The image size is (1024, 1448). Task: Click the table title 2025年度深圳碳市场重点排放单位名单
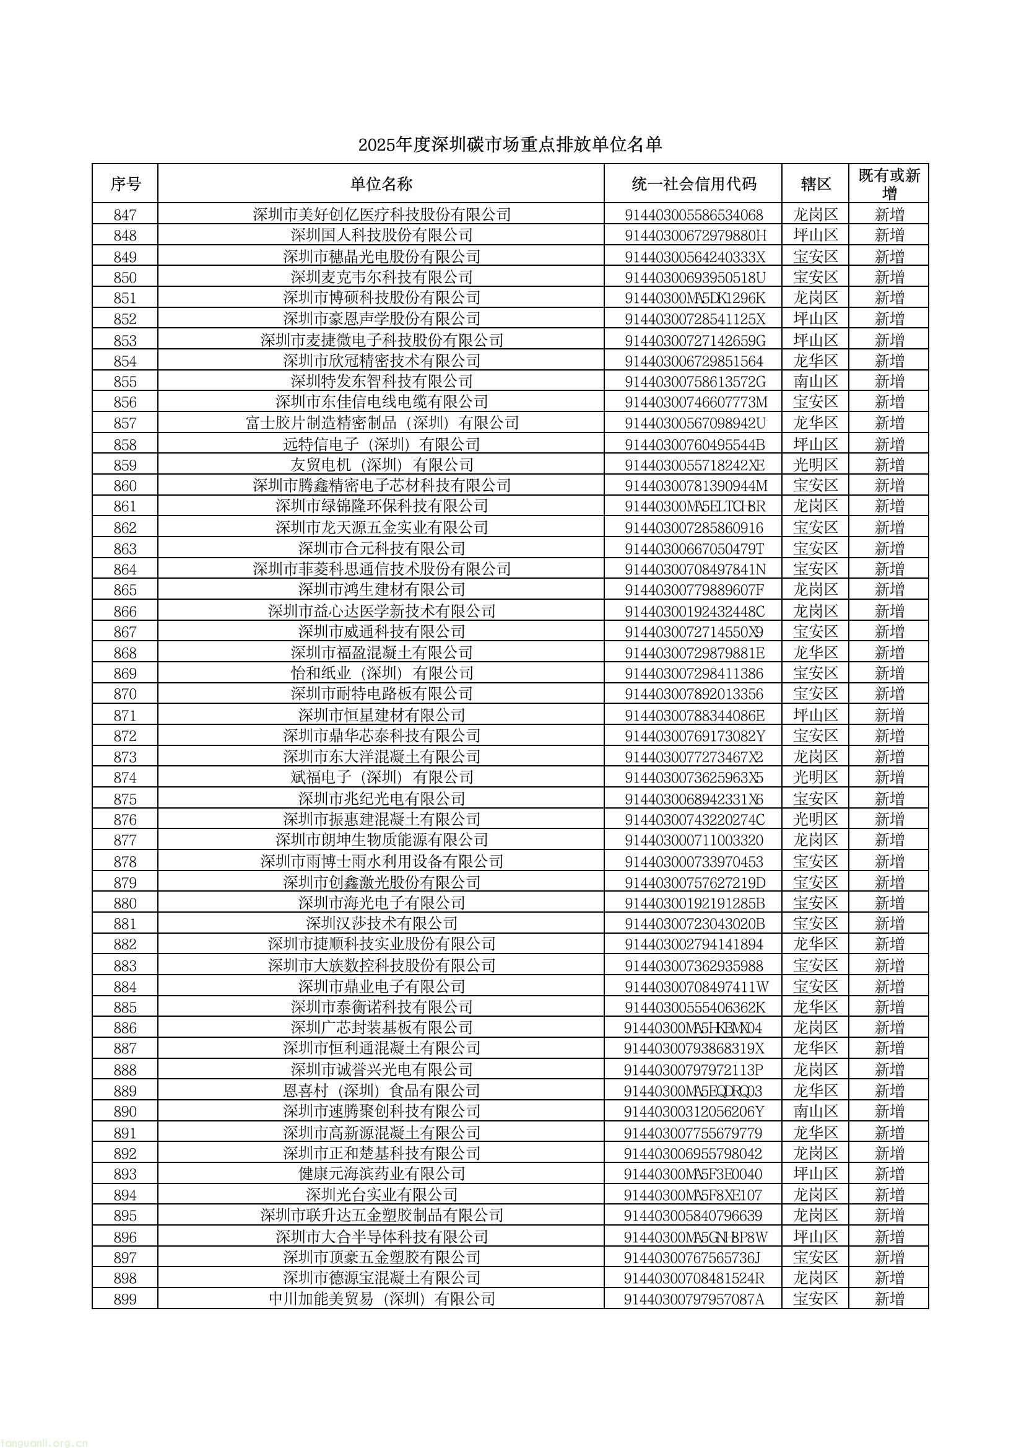[510, 145]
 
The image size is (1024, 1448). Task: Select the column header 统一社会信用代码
[693, 184]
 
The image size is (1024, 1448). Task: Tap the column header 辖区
[815, 184]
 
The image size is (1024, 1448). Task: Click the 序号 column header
[125, 184]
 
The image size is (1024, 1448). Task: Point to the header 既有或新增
[889, 183]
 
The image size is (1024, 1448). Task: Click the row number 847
[125, 215]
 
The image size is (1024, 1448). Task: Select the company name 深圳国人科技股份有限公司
[381, 235]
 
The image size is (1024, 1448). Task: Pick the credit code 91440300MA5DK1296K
[694, 298]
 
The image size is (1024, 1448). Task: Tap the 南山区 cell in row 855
[815, 382]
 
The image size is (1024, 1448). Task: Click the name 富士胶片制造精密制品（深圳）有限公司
[381, 423]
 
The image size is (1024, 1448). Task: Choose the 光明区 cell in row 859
[815, 465]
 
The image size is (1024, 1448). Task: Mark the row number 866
[125, 612]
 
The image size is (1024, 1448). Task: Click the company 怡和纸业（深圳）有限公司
[381, 674]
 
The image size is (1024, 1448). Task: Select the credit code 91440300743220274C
[694, 820]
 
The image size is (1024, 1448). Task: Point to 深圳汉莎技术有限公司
[381, 924]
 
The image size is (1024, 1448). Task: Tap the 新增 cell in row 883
[889, 965]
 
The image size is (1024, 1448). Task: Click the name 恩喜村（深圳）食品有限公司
[381, 1091]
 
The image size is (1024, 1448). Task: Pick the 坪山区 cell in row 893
[815, 1174]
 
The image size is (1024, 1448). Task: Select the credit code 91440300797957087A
[693, 1299]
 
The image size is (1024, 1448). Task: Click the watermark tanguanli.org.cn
[44, 1442]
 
